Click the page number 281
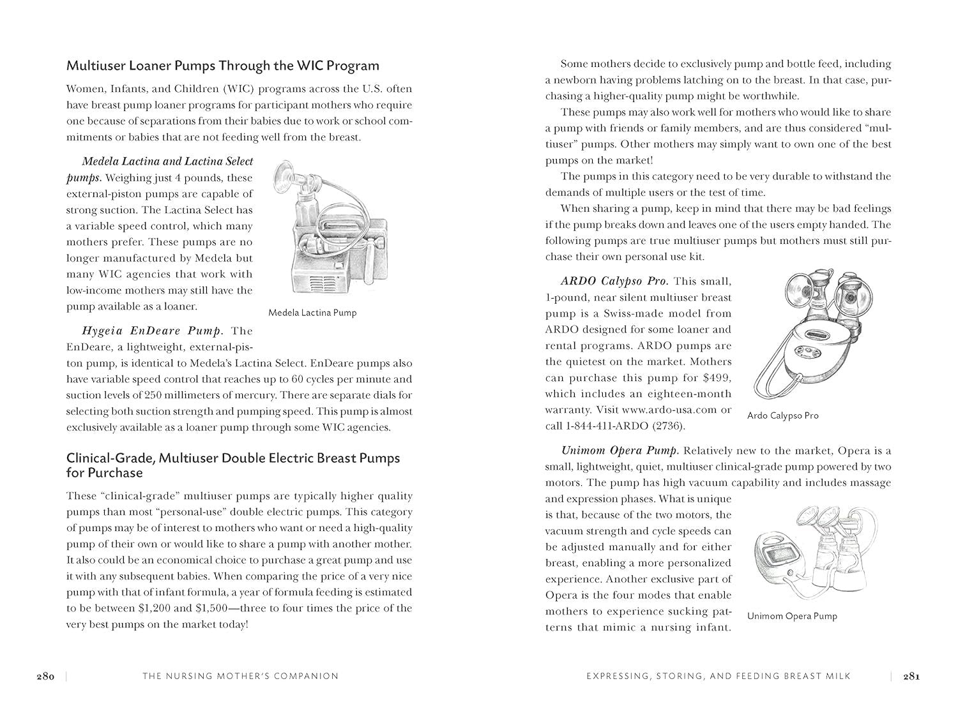pos(910,677)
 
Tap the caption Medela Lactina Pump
pos(312,313)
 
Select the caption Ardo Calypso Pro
pos(782,415)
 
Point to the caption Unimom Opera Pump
pos(792,616)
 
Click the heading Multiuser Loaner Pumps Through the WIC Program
pos(223,66)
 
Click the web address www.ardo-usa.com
pos(669,410)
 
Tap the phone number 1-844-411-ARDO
pos(613,426)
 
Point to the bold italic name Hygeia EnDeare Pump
pos(153,331)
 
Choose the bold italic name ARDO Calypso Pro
pos(614,281)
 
